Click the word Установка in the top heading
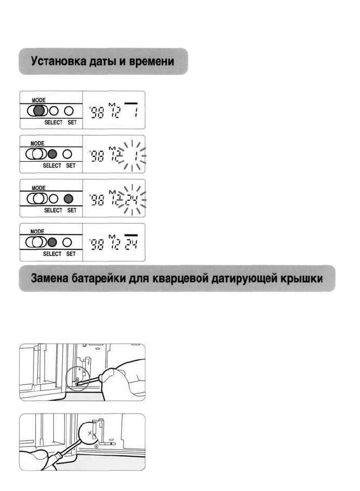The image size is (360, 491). click(57, 62)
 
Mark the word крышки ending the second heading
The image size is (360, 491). click(313, 279)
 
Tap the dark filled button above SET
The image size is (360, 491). click(69, 198)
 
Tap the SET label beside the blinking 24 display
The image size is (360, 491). click(72, 210)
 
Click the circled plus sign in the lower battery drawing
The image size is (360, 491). click(97, 446)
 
